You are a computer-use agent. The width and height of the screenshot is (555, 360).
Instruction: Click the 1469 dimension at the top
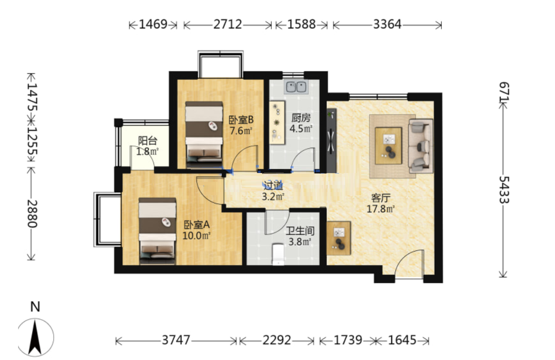[153, 24]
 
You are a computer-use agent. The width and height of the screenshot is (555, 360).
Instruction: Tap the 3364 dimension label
[387, 24]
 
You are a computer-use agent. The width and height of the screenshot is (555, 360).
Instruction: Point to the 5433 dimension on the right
[504, 190]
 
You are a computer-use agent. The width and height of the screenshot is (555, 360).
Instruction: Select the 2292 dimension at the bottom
[276, 340]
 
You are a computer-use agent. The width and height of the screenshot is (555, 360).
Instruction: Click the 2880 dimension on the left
[32, 214]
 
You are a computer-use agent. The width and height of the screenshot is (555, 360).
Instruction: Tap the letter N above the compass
[35, 307]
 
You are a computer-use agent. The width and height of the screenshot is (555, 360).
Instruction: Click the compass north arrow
[35, 337]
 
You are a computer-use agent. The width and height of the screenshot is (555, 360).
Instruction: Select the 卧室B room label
[241, 120]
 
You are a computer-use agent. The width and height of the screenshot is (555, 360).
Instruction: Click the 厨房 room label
[301, 118]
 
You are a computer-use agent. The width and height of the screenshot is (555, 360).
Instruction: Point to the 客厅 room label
[380, 198]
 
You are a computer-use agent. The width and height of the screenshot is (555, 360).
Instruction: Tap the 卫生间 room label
[300, 231]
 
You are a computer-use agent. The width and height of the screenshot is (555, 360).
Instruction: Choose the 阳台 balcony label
[148, 141]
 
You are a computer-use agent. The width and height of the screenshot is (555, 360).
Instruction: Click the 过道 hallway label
[273, 185]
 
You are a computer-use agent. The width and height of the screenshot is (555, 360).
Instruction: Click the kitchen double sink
[296, 87]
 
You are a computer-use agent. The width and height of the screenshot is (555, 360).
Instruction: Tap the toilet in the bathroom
[278, 254]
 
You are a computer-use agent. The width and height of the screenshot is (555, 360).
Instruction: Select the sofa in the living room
[421, 145]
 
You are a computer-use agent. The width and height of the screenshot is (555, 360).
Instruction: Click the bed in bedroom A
[157, 231]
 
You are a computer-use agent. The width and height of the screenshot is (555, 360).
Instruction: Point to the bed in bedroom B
[204, 134]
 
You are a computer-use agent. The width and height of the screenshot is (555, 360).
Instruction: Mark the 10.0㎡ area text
[196, 235]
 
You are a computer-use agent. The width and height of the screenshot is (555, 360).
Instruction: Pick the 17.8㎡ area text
[380, 209]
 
